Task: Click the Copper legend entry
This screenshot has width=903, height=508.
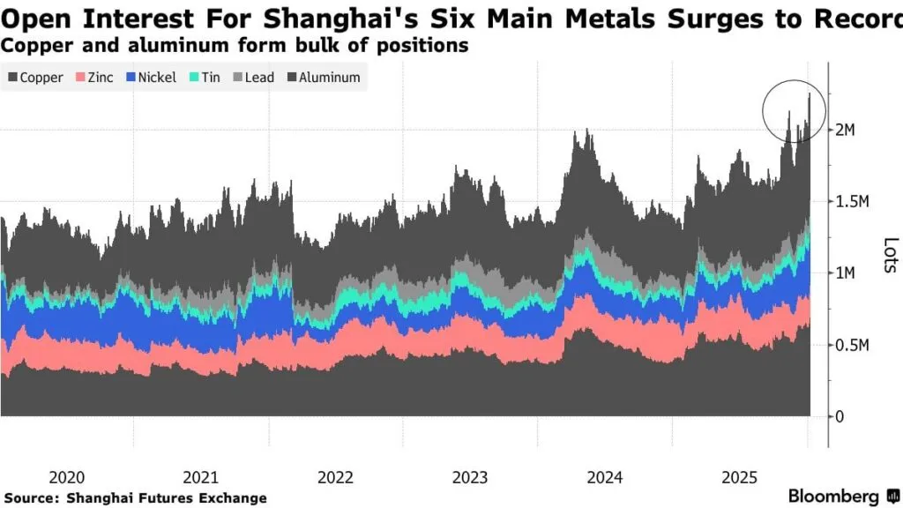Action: [36, 78]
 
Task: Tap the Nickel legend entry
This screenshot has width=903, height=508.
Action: [149, 78]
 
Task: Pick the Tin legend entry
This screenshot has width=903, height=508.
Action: [204, 78]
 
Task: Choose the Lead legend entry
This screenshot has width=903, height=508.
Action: [253, 78]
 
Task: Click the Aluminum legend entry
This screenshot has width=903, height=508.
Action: [323, 78]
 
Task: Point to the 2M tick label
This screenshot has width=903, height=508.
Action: [845, 130]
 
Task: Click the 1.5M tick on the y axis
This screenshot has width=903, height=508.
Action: [853, 202]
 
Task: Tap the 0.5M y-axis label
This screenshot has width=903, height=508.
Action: [853, 345]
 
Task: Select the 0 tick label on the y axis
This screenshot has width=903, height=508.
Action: [839, 416]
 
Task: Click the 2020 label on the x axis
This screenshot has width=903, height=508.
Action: [66, 477]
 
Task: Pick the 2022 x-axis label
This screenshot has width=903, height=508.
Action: [335, 477]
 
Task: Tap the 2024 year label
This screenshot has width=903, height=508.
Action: [605, 477]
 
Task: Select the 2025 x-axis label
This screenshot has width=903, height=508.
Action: [740, 477]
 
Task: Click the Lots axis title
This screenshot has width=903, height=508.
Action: [890, 256]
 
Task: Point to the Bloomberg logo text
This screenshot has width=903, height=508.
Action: [833, 497]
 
